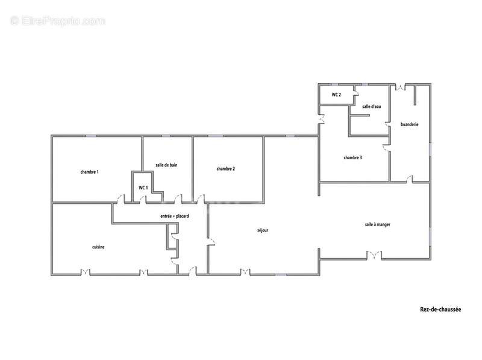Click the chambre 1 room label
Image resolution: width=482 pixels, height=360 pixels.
pos(89,172)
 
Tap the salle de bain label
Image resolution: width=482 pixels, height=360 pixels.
pos(166,165)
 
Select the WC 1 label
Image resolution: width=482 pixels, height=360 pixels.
pos(143,188)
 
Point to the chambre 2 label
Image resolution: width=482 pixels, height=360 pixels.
pos(225,169)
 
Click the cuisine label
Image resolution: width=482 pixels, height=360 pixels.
pos(98,247)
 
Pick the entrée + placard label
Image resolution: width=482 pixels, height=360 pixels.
pos(175,216)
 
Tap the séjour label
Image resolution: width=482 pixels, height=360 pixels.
pos(263,230)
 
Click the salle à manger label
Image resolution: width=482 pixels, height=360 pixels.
pos(378,224)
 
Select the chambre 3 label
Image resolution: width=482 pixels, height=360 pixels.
pos(352,157)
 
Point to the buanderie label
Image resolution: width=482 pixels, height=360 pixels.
pos(410,124)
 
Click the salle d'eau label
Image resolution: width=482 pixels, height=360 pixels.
pos(371,107)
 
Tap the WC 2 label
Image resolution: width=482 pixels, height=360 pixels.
pos(336,95)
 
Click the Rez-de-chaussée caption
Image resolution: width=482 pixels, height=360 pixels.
pos(440,309)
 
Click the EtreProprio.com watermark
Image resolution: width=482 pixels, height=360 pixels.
pos(57,21)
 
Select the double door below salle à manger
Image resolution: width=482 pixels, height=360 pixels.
pos(374,255)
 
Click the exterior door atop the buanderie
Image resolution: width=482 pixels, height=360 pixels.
pos(399,87)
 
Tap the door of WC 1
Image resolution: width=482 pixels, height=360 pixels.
pos(142,200)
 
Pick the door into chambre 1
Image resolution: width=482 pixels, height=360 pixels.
pos(120,199)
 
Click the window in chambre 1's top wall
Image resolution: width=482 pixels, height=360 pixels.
pos(91,136)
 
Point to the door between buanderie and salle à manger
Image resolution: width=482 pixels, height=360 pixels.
pos(409,179)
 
